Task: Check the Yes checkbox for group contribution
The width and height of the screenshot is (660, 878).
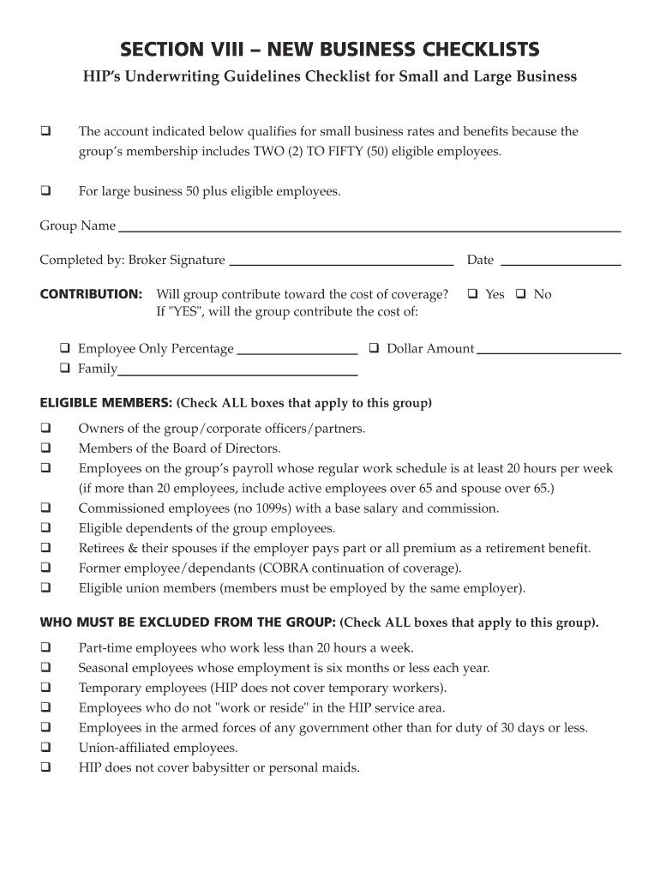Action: click(x=472, y=294)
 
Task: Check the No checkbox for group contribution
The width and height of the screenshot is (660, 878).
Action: click(x=519, y=294)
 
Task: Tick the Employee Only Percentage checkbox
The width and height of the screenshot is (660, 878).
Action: click(x=65, y=348)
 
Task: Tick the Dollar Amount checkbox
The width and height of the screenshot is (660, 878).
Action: click(x=374, y=348)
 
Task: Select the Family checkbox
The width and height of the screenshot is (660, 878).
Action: click(x=65, y=369)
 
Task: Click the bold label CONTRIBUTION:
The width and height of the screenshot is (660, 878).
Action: click(x=91, y=294)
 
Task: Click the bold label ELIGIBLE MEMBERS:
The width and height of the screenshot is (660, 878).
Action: click(x=106, y=403)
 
